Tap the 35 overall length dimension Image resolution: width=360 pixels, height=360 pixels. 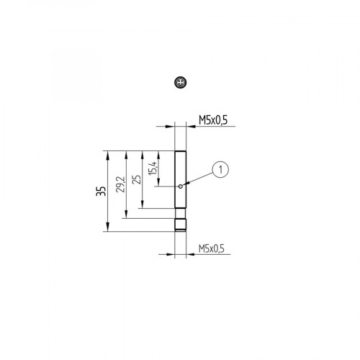(x=101, y=191)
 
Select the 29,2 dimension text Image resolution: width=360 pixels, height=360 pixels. (x=120, y=184)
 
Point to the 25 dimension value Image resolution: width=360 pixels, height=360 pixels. (x=136, y=179)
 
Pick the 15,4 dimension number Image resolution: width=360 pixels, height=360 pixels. (x=152, y=169)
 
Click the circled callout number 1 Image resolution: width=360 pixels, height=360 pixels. (x=221, y=169)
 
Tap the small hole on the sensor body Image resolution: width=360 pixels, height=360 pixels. (x=180, y=186)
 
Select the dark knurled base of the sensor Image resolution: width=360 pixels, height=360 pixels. (x=181, y=225)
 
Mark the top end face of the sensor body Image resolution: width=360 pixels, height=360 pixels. (x=181, y=151)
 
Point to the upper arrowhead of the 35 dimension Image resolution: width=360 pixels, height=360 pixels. (x=107, y=153)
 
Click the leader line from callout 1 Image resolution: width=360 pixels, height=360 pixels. (x=199, y=178)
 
